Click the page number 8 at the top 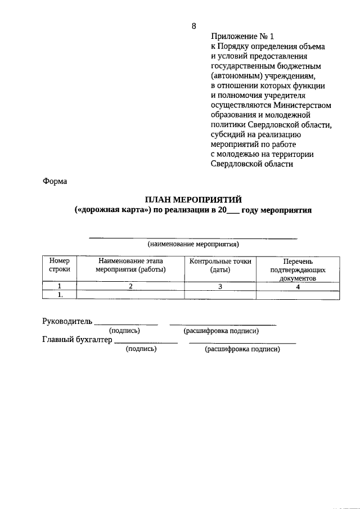[194, 26]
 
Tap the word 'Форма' [55, 182]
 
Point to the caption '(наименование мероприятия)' [193, 244]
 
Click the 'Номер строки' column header [59, 265]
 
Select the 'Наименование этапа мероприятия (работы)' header [130, 265]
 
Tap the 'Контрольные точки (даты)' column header [220, 265]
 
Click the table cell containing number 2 [130, 286]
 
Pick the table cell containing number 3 [220, 286]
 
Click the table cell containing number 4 [298, 286]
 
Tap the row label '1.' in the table [59, 294]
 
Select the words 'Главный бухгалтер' [77, 340]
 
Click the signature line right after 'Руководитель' [125, 323]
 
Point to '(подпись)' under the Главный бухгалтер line [141, 349]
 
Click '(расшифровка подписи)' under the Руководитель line [221, 331]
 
